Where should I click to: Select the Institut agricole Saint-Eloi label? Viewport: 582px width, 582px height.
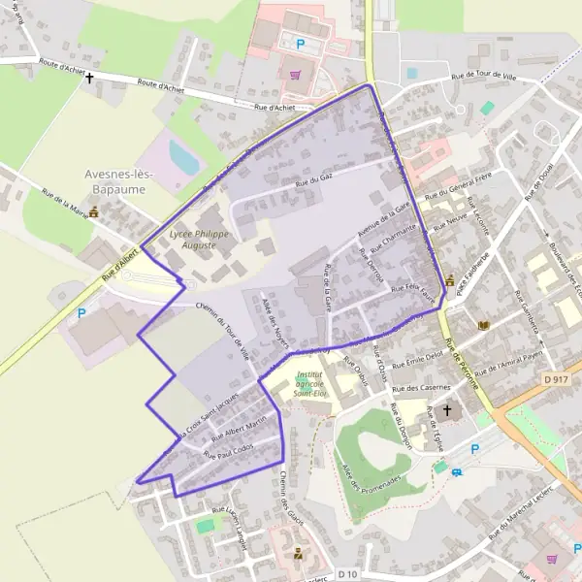coord(309,383)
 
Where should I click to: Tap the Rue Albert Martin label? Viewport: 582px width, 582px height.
coord(238,427)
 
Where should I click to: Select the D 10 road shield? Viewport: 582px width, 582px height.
coord(348,574)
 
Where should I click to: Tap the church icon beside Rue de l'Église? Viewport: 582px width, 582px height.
coord(447,410)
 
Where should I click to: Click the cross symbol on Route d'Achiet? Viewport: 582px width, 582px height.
coord(90,78)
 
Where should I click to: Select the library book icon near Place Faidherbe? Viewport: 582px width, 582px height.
coord(484,325)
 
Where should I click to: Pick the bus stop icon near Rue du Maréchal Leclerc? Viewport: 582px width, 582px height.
coord(457,473)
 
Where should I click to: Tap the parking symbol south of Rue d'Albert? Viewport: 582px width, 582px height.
coord(81,313)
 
